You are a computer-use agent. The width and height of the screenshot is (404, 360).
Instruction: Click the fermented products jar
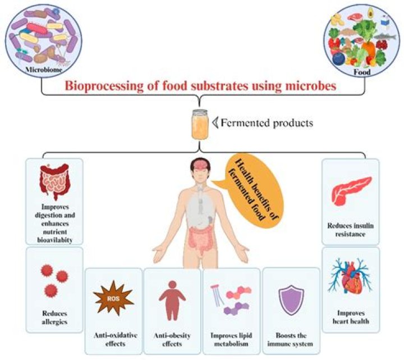200,124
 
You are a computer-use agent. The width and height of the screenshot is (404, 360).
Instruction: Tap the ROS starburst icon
113,298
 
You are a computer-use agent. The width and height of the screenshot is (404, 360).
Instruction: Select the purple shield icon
291,300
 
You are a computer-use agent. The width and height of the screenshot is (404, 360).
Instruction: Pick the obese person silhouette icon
172,300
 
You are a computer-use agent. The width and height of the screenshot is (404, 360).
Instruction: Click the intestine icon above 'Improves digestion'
54,181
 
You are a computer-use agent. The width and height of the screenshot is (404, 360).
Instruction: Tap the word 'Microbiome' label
44,70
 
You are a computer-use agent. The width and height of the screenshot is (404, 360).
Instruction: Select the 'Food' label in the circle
362,72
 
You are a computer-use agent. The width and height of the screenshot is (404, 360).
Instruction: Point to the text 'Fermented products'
267,123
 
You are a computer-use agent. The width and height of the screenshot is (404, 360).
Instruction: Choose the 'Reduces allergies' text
54,317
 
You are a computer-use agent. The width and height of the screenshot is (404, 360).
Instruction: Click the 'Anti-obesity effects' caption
172,339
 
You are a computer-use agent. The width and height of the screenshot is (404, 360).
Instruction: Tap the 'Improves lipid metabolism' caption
231,339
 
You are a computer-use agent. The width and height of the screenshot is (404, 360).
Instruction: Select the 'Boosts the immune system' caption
291,339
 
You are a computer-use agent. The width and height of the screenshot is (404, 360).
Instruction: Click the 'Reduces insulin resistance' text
350,230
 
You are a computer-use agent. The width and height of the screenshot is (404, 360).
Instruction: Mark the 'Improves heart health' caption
351,317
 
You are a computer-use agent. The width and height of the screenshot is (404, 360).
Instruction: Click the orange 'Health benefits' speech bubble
251,190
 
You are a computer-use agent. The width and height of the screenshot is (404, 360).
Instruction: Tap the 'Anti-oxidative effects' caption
115,339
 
